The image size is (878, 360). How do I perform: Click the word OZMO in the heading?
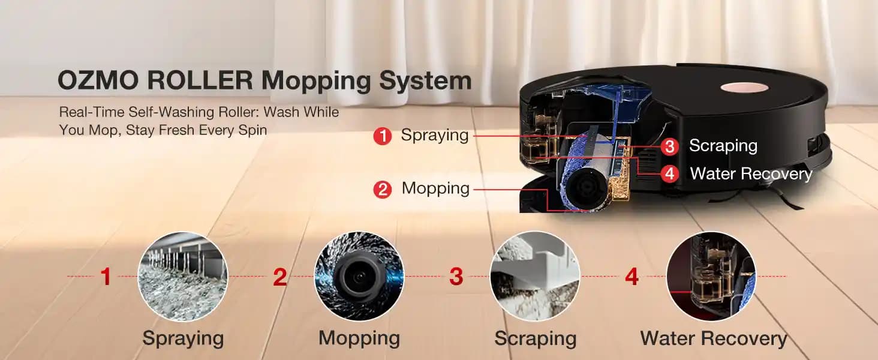(98, 80)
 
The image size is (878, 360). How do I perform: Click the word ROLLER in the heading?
(200, 80)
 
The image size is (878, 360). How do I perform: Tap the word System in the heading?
(425, 81)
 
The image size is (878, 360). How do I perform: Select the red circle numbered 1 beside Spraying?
(383, 136)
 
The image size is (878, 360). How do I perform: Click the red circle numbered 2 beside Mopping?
(383, 190)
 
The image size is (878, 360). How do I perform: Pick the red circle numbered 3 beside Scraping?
(669, 146)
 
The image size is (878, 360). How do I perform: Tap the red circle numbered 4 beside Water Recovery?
(669, 173)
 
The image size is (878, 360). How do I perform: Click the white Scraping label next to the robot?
(723, 146)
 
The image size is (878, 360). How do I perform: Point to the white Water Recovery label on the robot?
(751, 173)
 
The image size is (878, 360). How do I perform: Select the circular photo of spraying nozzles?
(183, 276)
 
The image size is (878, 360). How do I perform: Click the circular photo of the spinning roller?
(359, 276)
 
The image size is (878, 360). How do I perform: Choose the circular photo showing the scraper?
(535, 276)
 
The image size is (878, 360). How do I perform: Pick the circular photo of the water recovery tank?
(711, 276)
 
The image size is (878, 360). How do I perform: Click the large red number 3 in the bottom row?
(456, 277)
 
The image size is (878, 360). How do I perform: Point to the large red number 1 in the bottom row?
(106, 277)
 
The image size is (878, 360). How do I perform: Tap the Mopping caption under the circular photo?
(359, 338)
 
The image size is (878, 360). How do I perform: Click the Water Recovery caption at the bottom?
(714, 338)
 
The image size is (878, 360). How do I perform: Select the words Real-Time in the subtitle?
(91, 112)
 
